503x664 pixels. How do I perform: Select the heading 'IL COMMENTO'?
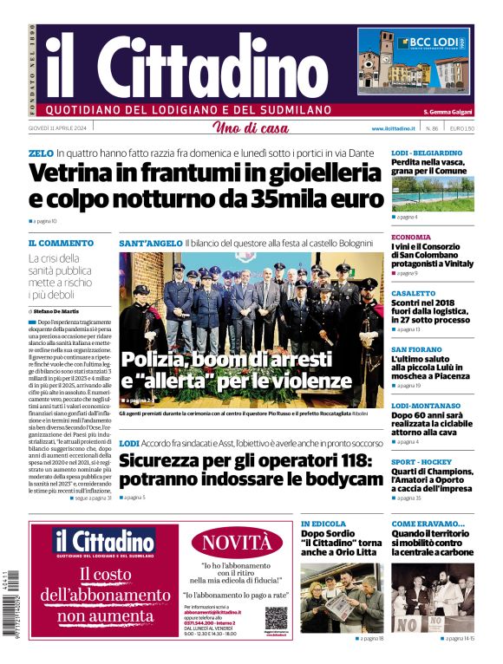click(61, 243)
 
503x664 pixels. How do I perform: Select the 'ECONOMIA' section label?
click(411, 237)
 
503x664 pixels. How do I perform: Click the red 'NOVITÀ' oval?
click(237, 544)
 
